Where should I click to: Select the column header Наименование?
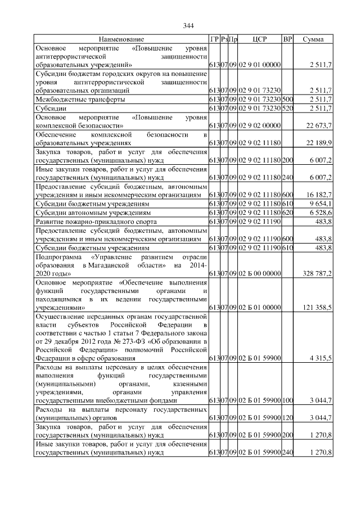pos(121,39)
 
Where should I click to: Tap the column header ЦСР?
pos(260,39)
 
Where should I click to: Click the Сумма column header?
pos(313,39)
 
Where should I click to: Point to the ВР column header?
pos(287,39)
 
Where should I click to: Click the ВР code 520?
pos(287,108)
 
